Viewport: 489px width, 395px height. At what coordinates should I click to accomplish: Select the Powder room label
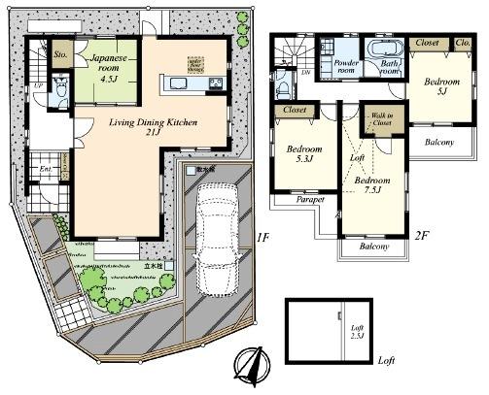(x=345, y=66)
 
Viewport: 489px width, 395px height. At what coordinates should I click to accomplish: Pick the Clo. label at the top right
(x=462, y=44)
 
